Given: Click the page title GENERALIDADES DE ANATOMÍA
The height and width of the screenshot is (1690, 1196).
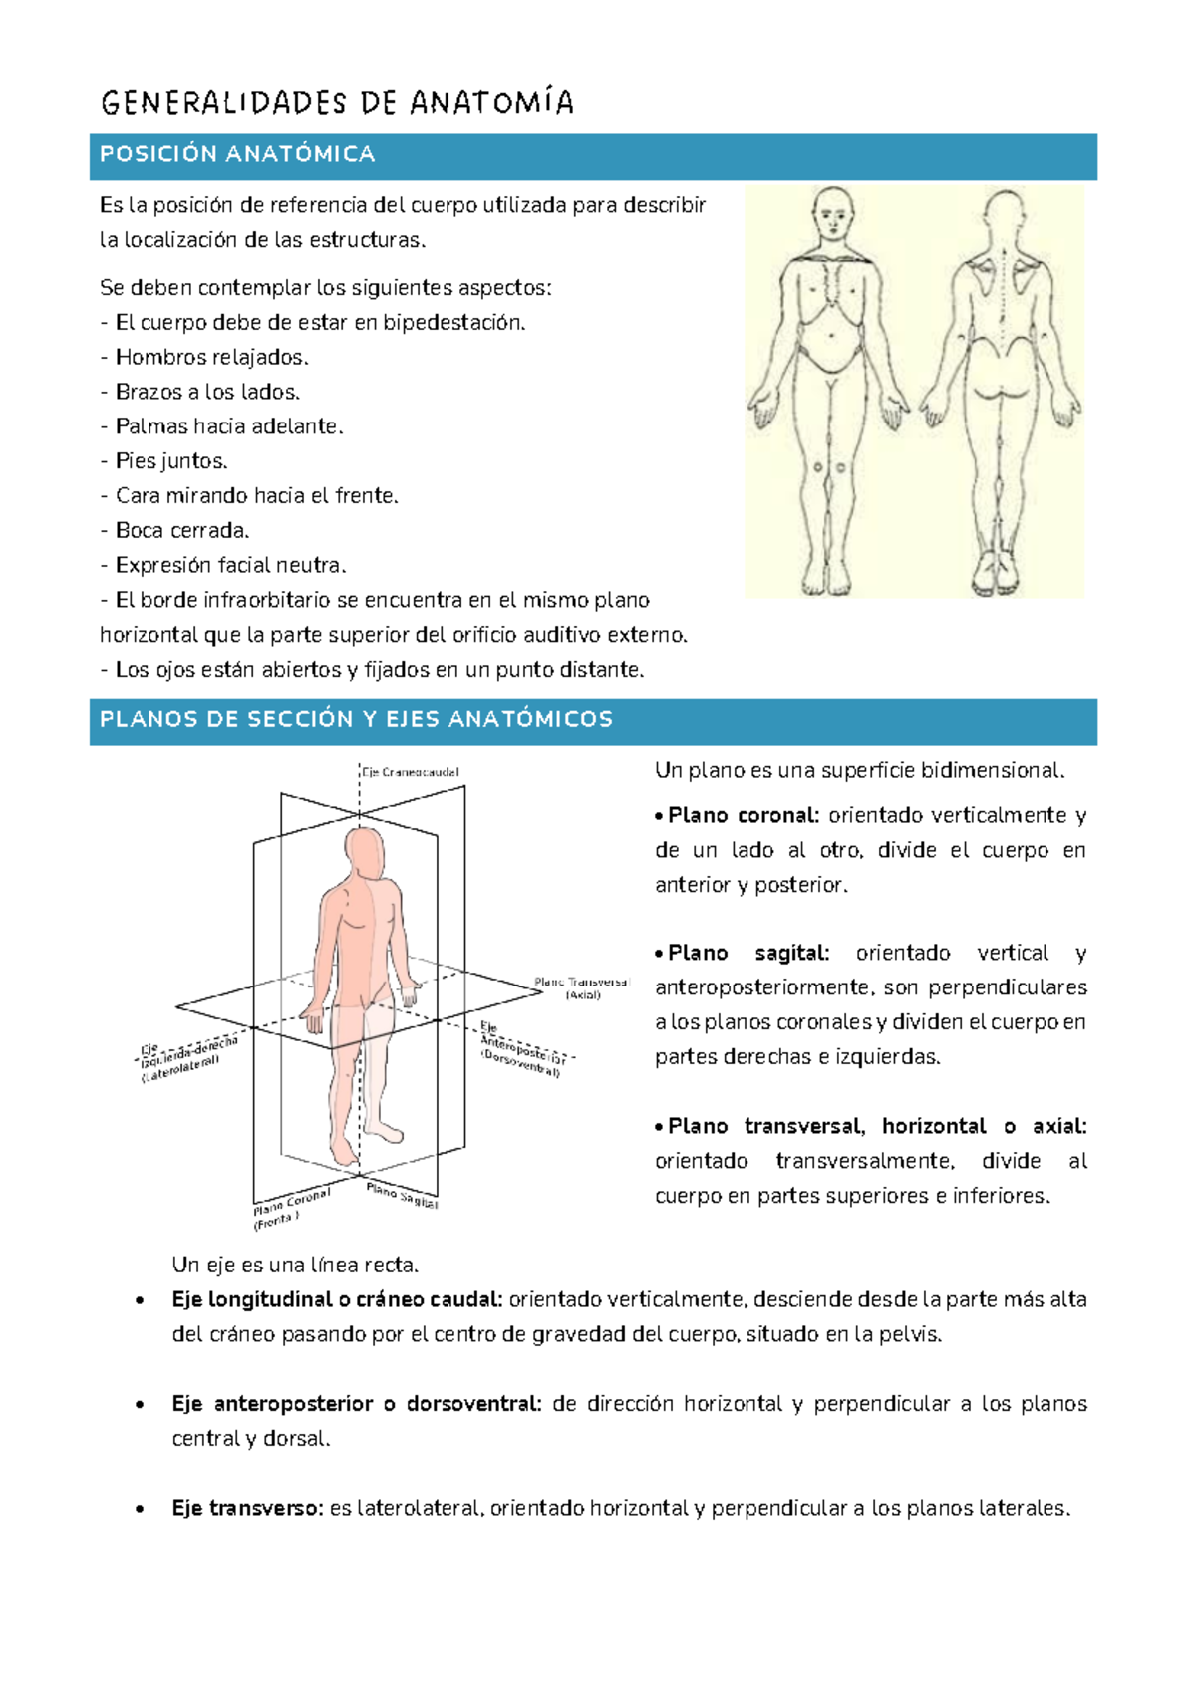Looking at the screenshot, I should [x=337, y=103].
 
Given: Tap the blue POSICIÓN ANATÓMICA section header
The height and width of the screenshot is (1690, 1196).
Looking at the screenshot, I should [x=237, y=154].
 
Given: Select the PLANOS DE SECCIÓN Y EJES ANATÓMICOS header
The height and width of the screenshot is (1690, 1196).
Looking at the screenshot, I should [x=356, y=719].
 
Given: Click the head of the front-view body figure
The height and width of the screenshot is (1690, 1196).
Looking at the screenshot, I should [x=831, y=211].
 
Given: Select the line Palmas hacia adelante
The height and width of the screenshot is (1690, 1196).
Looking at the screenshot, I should [x=228, y=426].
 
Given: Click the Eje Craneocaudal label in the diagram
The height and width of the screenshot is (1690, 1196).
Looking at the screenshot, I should [x=410, y=772].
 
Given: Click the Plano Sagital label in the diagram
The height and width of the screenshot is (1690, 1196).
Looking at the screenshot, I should [x=402, y=1195].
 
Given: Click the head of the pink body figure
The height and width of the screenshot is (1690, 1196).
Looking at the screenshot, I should [x=364, y=850].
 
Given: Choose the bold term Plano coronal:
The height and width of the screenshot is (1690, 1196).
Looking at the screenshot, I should [x=744, y=815].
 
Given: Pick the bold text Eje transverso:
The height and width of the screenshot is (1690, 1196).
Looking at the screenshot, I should [x=247, y=1508].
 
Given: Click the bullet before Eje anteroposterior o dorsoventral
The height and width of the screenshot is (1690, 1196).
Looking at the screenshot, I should [x=141, y=1405].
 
